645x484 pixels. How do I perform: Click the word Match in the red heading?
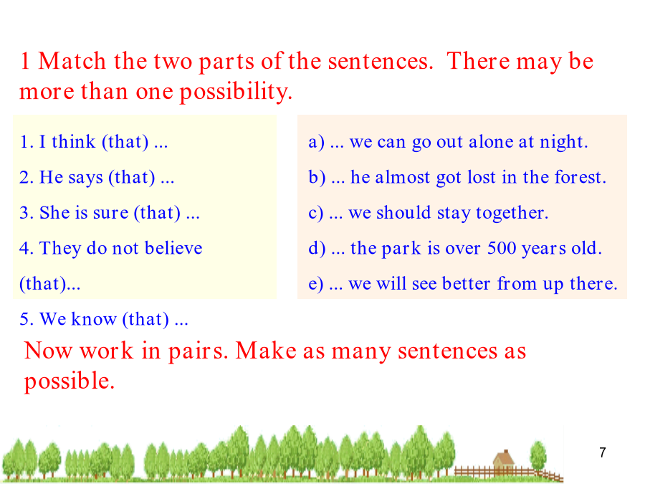tap(72, 61)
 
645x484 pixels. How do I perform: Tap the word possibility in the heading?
tap(236, 92)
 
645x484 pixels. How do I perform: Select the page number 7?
tap(603, 452)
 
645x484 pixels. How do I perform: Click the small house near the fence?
tap(504, 462)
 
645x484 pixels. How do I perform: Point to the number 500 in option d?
tap(502, 248)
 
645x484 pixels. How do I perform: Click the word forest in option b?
tap(580, 177)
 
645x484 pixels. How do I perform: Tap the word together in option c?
tap(512, 213)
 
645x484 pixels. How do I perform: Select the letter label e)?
tap(316, 284)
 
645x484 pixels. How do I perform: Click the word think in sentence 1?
tap(74, 141)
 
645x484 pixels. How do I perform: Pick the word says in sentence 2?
tap(85, 178)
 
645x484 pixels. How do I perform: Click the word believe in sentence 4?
tap(173, 248)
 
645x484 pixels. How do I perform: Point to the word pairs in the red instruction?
tap(198, 351)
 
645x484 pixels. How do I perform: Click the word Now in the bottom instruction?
tap(48, 351)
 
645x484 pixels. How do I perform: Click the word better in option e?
tap(466, 283)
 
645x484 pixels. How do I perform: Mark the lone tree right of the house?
tap(537, 455)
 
